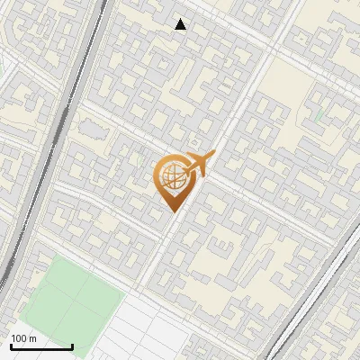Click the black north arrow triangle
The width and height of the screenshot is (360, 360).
pos(181,24)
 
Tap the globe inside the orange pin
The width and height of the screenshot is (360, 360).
pos(172,176)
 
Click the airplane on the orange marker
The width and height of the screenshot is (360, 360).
pos(198,166)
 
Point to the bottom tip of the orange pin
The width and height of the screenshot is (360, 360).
pos(172,211)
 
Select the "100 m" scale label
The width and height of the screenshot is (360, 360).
pos(24,338)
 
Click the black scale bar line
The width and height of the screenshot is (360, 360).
pos(41,346)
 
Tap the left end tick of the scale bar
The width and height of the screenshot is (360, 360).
pos(11,345)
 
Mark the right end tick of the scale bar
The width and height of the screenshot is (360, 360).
pos(72,345)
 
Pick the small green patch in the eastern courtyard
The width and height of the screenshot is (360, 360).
pos(319,114)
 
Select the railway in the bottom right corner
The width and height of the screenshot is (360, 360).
pos(315,306)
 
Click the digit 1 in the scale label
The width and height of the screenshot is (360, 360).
pos(14,338)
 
